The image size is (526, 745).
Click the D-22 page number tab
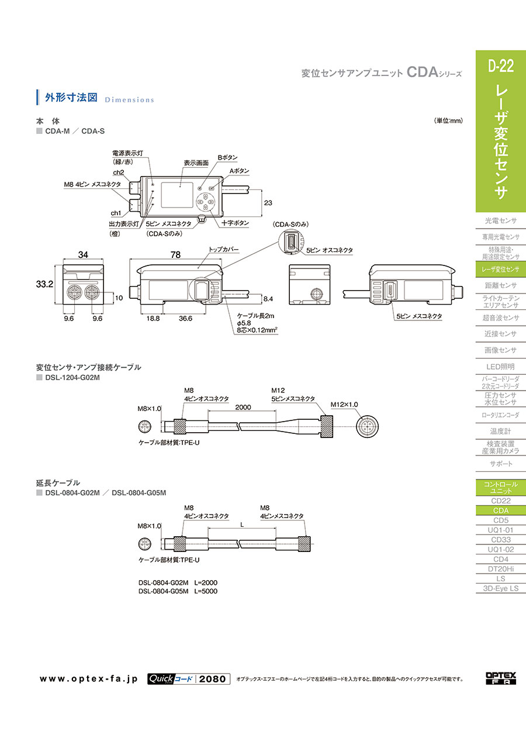click(x=501, y=66)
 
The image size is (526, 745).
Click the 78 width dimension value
click(x=175, y=255)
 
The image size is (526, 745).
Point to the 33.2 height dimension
click(x=45, y=284)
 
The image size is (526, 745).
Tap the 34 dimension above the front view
click(x=84, y=255)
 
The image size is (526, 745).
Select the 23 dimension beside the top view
click(x=269, y=203)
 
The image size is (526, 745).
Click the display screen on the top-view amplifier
click(x=178, y=195)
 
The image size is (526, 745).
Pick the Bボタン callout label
click(x=228, y=157)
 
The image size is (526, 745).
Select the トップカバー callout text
click(x=224, y=250)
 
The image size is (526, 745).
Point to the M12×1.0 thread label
click(x=344, y=404)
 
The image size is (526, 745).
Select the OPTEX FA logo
click(x=501, y=678)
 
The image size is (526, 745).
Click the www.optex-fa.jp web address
click(x=88, y=679)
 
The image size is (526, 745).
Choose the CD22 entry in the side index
click(x=501, y=501)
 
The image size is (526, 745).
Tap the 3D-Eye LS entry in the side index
click(x=501, y=588)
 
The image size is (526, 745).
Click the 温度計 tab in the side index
click(x=501, y=431)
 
